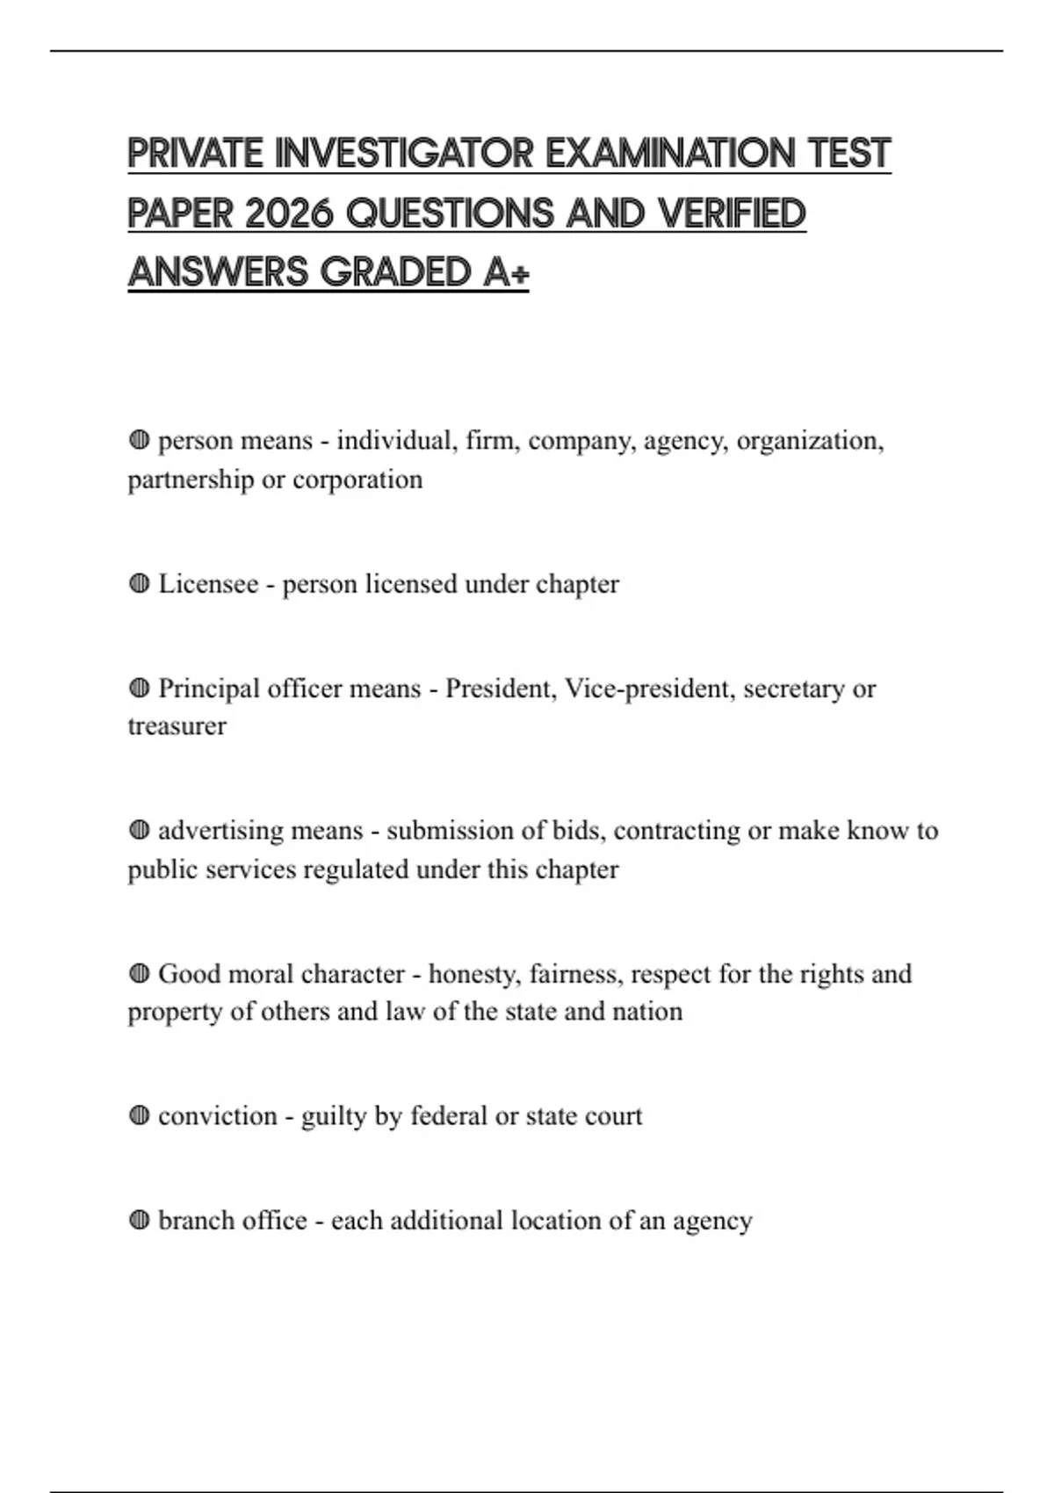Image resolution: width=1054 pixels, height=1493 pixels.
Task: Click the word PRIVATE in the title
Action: [195, 154]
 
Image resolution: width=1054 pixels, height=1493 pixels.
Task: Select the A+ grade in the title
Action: [506, 272]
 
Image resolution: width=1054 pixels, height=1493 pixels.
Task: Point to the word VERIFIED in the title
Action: [732, 213]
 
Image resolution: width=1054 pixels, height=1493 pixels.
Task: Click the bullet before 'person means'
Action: [139, 440]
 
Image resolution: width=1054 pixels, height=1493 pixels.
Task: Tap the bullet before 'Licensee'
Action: [139, 583]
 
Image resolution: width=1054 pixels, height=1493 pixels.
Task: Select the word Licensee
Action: [208, 584]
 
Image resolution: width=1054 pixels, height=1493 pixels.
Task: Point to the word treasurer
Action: [177, 726]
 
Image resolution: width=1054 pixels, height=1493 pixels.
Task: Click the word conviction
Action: [217, 1116]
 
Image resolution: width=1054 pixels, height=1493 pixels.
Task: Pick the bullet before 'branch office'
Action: [139, 1220]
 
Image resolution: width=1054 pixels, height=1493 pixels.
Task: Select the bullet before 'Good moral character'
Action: [139, 973]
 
